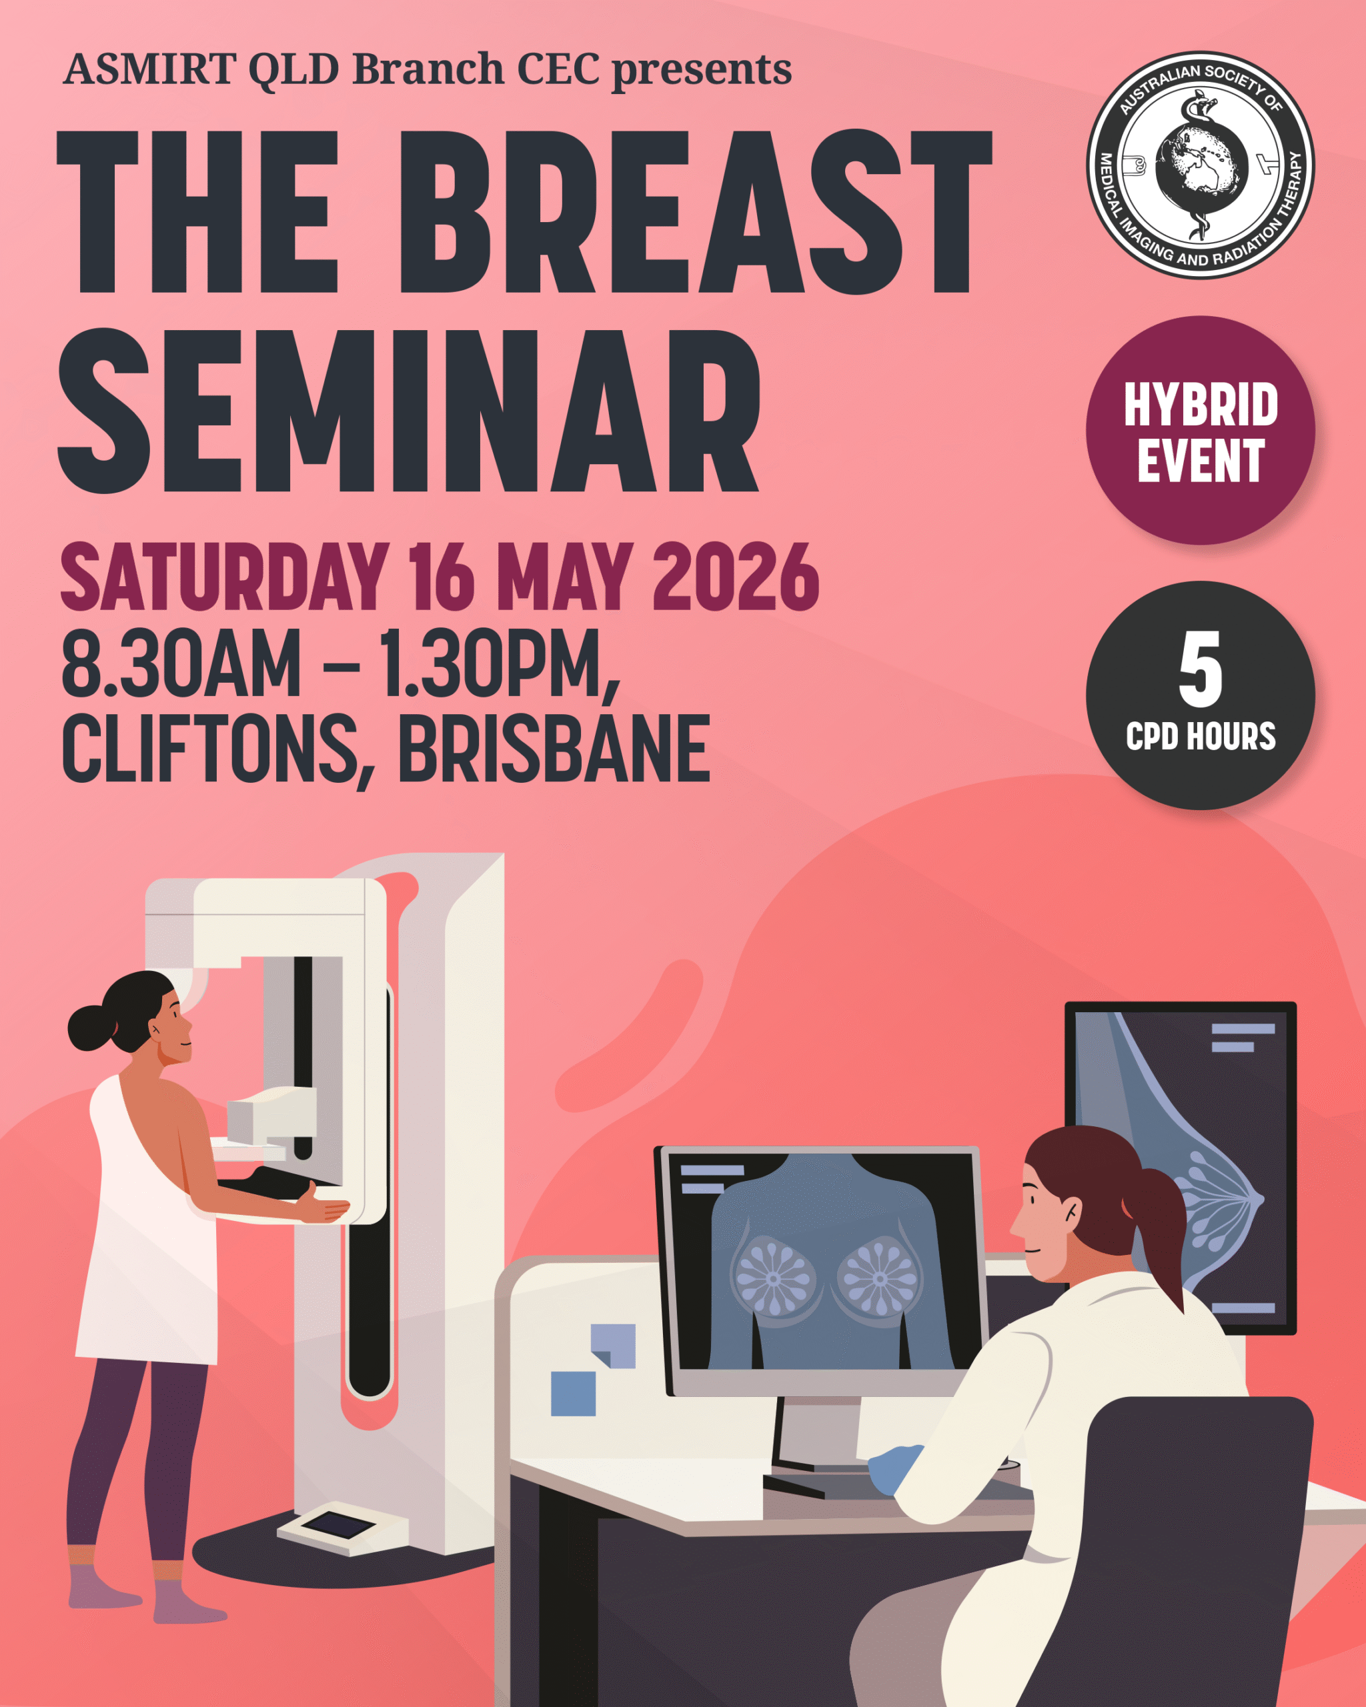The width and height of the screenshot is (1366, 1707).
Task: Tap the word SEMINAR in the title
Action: click(409, 411)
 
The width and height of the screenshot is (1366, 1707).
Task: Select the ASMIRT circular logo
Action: click(1200, 165)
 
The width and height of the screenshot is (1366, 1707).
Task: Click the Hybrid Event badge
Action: click(1200, 431)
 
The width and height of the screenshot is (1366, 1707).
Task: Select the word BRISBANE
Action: click(554, 747)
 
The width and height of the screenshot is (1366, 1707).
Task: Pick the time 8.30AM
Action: click(181, 662)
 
